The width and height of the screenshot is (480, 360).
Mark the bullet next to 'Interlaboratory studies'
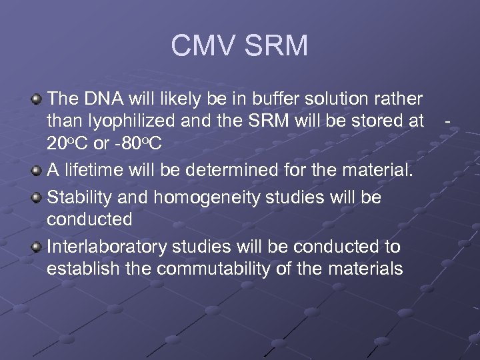37,247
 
